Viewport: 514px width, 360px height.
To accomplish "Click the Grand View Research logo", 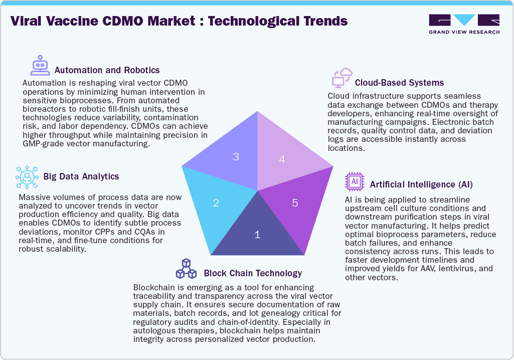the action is (x=464, y=24).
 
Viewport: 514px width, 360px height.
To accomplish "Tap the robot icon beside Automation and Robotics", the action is (x=40, y=65).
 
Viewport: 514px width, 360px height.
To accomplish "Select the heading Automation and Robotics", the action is (x=107, y=70).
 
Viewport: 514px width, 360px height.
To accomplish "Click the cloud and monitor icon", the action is (x=342, y=78).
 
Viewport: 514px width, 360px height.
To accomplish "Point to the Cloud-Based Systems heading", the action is (x=399, y=83).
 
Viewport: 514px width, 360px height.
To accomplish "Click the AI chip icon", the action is (x=355, y=182).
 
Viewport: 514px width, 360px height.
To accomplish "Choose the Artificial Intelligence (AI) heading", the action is (x=421, y=185).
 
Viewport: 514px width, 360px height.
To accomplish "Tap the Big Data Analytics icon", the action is (x=27, y=177).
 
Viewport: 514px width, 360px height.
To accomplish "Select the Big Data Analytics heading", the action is (x=81, y=176).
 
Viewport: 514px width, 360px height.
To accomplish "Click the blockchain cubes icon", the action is (x=186, y=269).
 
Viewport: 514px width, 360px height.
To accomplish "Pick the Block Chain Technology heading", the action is (x=253, y=273).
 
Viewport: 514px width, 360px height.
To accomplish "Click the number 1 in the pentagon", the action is (x=257, y=235).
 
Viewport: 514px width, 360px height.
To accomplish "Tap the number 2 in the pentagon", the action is (x=216, y=203).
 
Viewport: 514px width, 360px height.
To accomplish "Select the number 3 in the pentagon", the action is (x=236, y=157).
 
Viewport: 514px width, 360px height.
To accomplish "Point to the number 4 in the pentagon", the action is (x=282, y=159).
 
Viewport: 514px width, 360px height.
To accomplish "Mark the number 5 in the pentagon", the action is (x=295, y=203).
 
